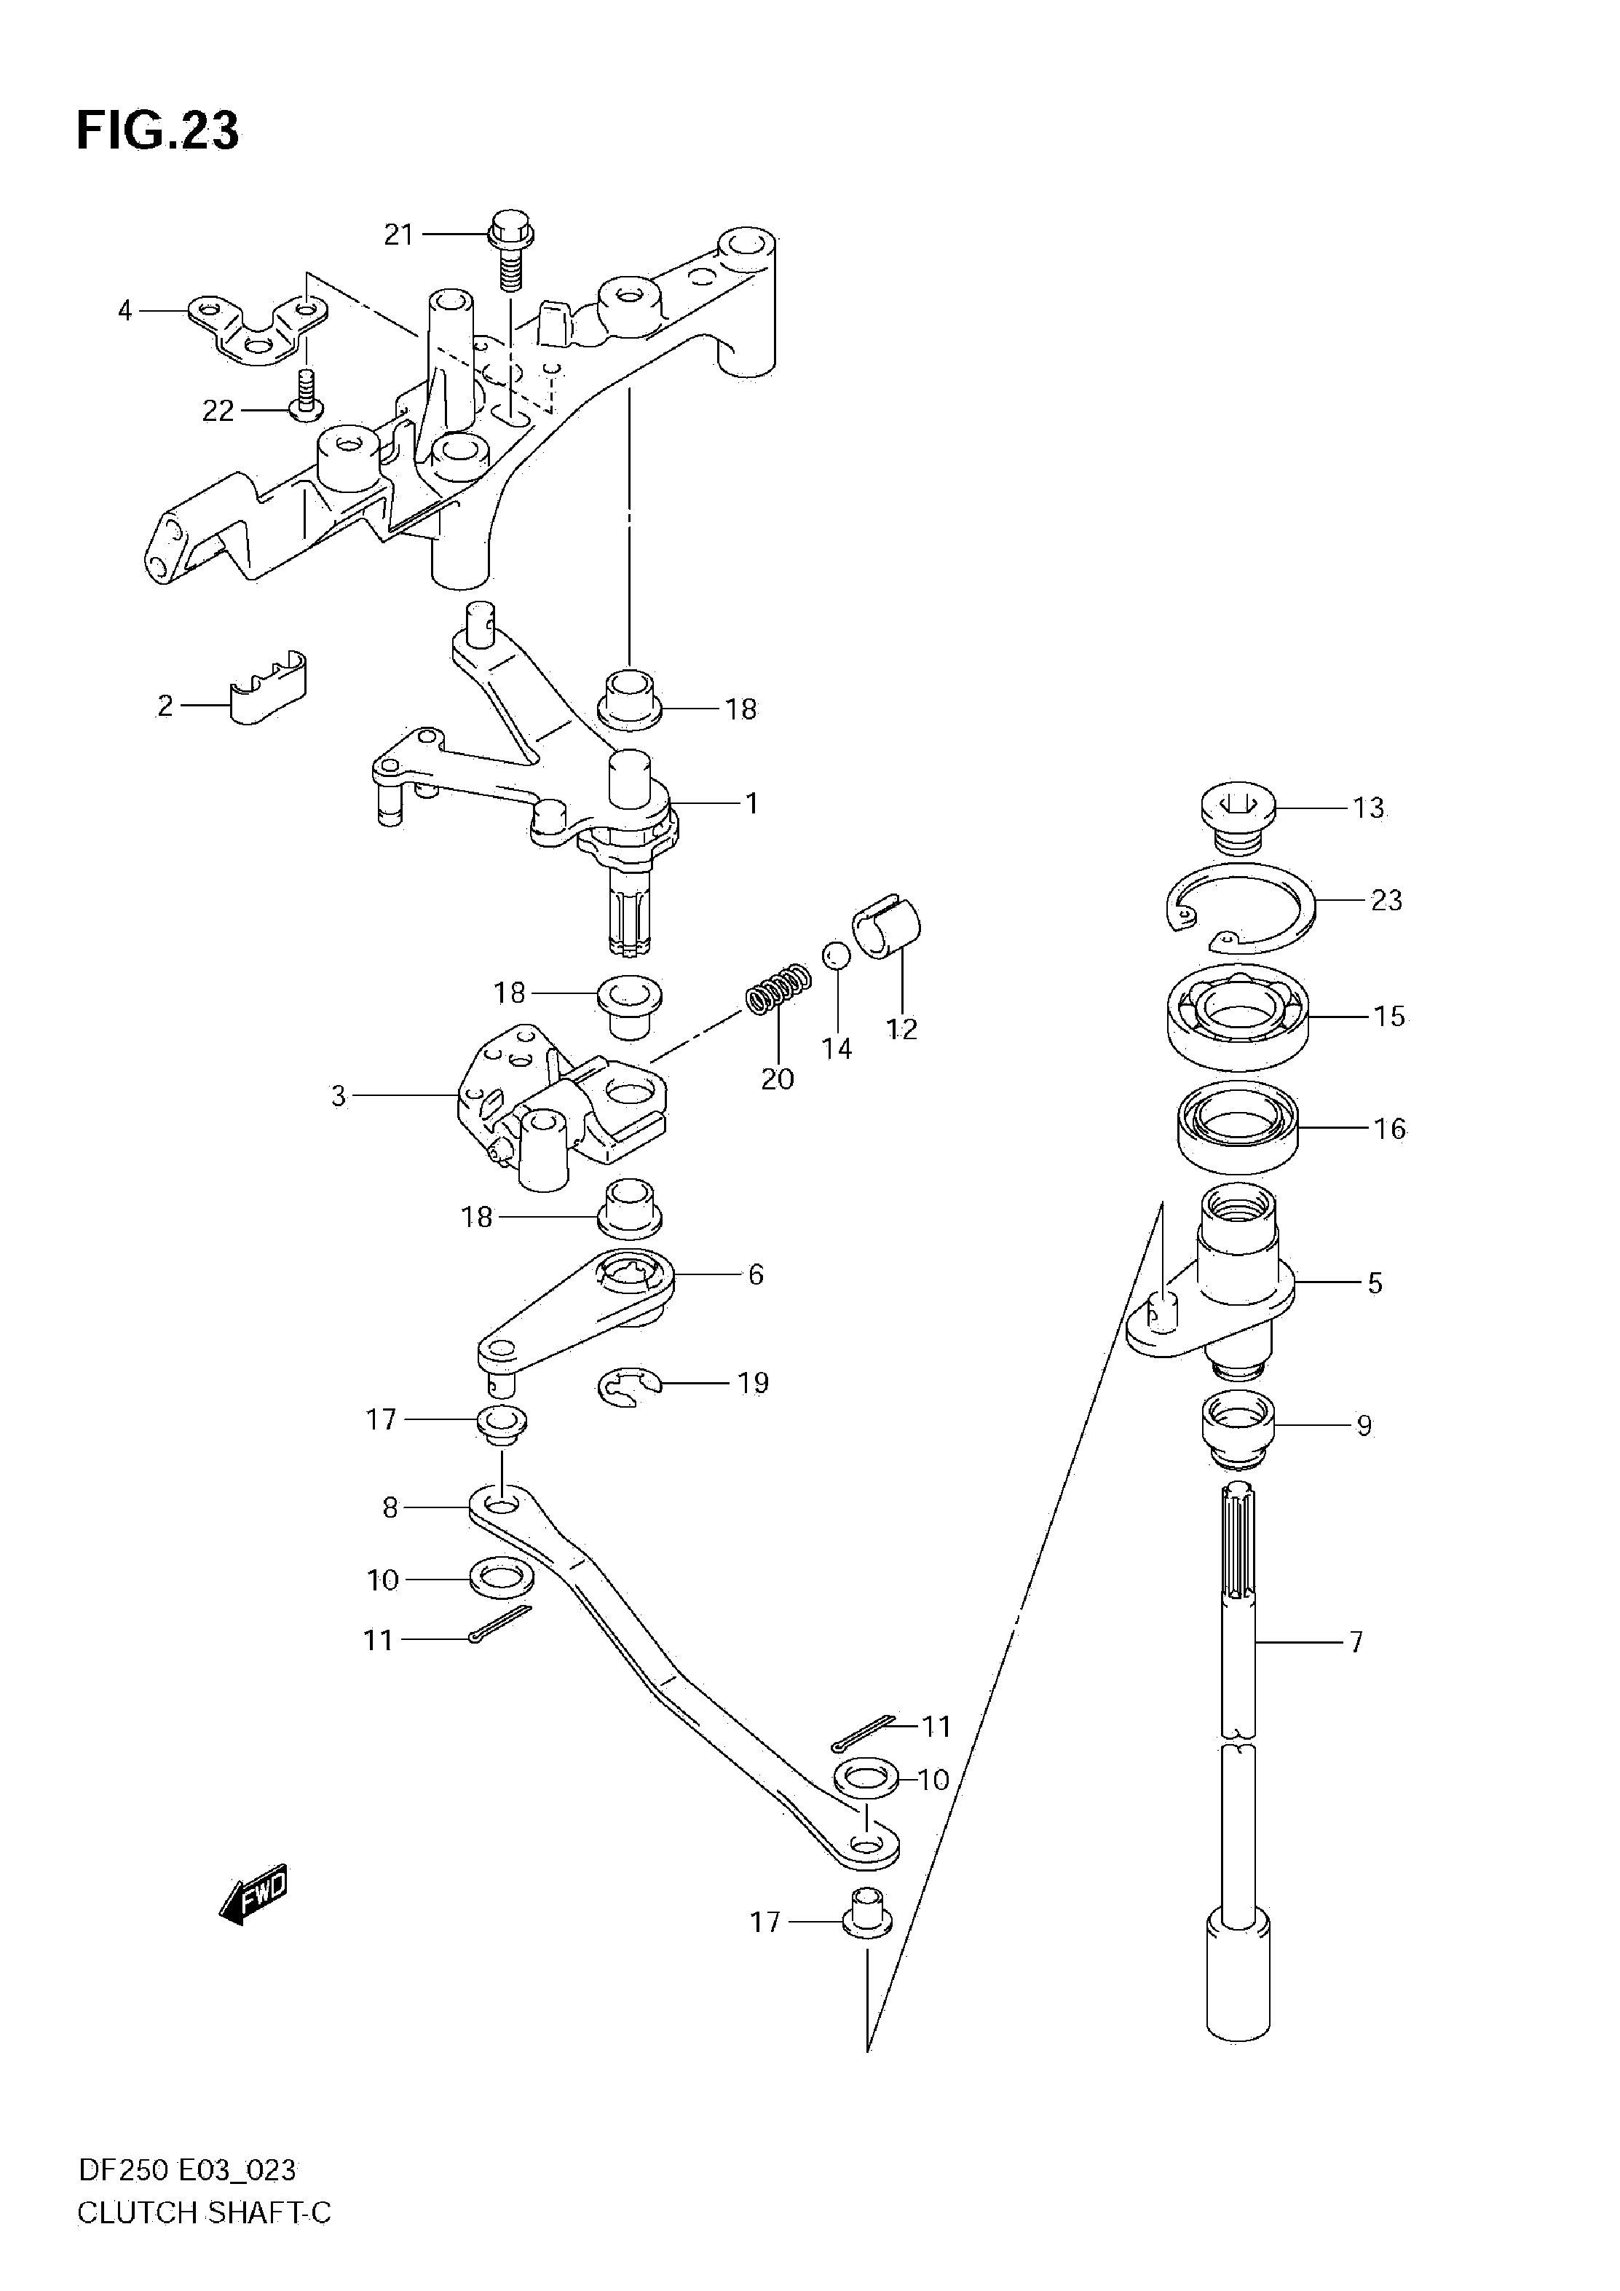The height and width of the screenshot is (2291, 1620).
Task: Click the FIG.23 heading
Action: point(157,130)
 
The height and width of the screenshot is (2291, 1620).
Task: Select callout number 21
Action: point(399,235)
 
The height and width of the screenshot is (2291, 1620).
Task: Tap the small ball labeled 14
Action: point(836,955)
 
